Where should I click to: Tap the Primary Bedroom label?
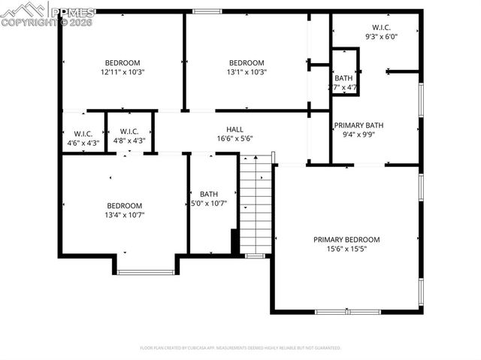pos(346,240)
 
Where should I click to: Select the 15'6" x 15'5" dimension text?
pos(346,250)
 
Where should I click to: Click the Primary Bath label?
pos(359,125)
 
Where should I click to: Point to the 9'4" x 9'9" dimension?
pos(359,135)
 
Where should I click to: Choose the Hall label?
pos(234,129)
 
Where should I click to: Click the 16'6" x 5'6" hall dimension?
pos(234,138)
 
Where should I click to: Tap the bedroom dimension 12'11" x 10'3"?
pos(122,72)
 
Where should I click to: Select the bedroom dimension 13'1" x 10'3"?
pos(247,72)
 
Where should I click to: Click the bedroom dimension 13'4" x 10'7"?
pos(124,215)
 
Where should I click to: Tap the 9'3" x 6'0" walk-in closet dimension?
pos(382,36)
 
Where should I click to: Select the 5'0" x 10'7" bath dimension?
pos(208,203)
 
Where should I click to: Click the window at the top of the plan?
pos(207,11)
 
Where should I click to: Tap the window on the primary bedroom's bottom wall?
pos(348,311)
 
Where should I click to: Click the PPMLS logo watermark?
pos(48,14)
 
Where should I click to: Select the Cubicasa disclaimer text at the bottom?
pos(240,348)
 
